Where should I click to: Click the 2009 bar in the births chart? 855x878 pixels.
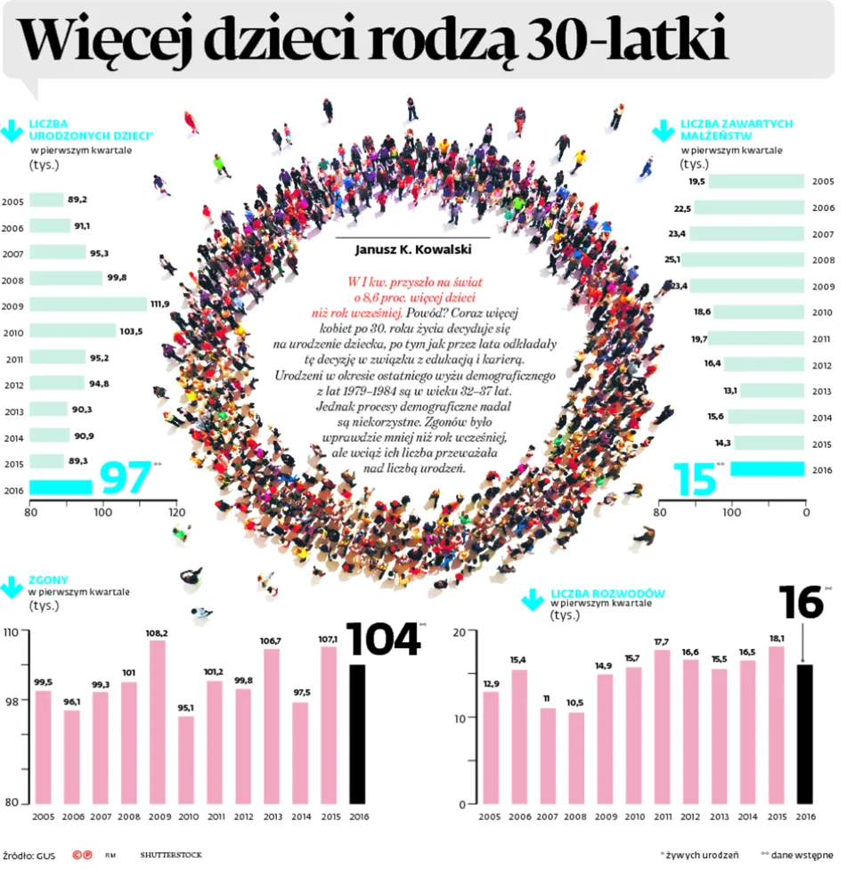pos(88,304)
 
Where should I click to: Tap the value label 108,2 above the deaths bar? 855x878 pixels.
pos(157,633)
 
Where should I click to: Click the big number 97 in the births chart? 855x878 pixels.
pos(124,478)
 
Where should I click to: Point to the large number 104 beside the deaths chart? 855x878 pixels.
pos(382,638)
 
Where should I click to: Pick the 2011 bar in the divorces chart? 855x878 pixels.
pos(662,726)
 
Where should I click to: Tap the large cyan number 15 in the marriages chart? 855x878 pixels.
pos(695,479)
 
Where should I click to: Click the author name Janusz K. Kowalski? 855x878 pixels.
pos(412,250)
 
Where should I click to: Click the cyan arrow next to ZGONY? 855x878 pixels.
pos(12,587)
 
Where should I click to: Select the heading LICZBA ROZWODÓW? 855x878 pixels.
pos(607,594)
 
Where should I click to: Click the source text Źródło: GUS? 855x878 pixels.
pos(28,855)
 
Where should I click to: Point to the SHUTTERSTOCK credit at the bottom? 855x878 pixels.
pos(171,855)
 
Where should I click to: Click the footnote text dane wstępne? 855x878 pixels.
pos(802,855)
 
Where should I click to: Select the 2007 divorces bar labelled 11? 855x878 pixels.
pos(548,755)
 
